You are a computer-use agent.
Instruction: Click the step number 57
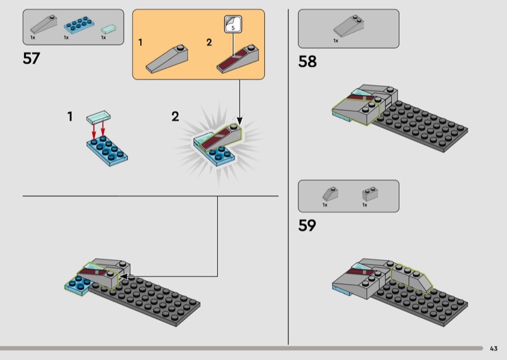(31, 58)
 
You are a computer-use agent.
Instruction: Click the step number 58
(307, 61)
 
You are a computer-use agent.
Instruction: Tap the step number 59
(307, 226)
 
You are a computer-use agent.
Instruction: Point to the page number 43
(494, 349)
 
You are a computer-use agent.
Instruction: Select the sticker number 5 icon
(233, 24)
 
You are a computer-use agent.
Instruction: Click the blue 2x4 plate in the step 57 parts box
(79, 25)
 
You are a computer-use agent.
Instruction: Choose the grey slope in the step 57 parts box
(44, 24)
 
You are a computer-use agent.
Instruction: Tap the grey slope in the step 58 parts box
(349, 26)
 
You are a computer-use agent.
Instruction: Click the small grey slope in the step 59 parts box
(330, 194)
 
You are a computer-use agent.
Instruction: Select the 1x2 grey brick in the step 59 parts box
(370, 194)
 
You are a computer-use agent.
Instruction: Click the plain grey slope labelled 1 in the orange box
(167, 59)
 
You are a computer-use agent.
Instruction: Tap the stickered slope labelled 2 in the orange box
(238, 59)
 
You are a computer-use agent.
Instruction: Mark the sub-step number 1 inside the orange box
(140, 42)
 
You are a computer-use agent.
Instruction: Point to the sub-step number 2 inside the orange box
(209, 42)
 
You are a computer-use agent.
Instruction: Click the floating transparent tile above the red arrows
(99, 117)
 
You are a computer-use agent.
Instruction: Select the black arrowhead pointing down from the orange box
(240, 120)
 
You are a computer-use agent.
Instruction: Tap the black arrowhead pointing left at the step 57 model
(124, 276)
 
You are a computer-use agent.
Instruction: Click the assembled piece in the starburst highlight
(217, 145)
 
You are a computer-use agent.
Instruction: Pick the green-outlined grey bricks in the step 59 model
(411, 278)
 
